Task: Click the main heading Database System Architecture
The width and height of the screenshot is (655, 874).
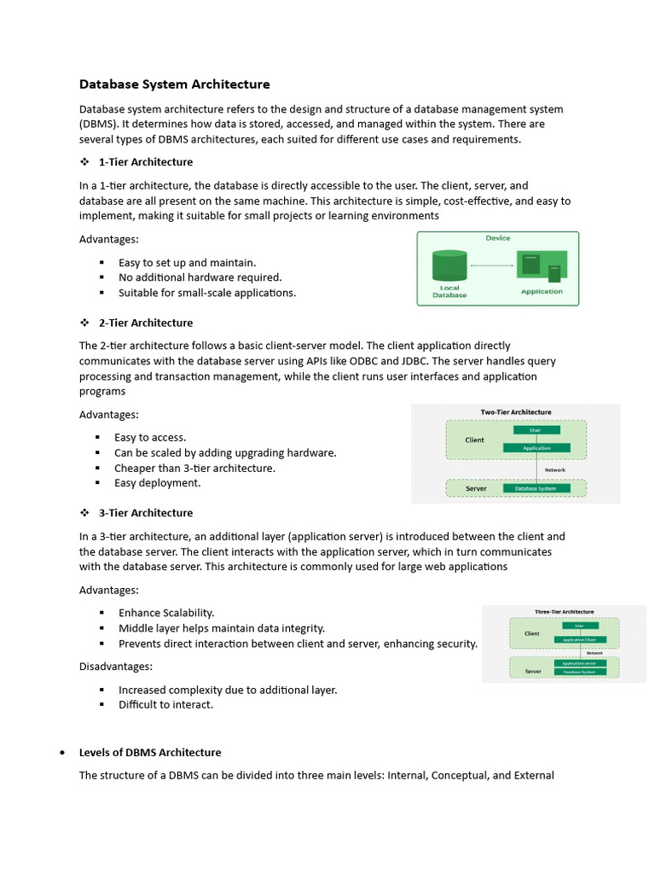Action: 174,84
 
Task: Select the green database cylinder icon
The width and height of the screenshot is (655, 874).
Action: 449,265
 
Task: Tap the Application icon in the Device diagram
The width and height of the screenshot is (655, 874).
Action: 541,265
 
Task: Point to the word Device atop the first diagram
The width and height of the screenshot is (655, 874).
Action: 498,239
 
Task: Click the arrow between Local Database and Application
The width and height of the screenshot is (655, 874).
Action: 492,265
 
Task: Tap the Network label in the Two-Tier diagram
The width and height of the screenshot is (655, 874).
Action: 554,469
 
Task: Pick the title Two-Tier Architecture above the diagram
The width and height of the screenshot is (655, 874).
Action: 516,412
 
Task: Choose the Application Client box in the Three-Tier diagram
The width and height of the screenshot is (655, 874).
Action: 580,639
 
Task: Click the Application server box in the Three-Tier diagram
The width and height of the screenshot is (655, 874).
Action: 580,662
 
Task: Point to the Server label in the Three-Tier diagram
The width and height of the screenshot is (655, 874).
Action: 533,672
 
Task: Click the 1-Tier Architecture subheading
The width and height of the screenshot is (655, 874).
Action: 146,162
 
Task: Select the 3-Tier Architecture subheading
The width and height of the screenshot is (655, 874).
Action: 146,513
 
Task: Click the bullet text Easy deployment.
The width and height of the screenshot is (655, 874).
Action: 158,483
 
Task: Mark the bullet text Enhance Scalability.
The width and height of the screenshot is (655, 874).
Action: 166,613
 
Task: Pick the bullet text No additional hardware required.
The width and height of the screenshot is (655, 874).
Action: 200,277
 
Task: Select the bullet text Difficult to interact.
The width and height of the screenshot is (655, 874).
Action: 165,705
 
